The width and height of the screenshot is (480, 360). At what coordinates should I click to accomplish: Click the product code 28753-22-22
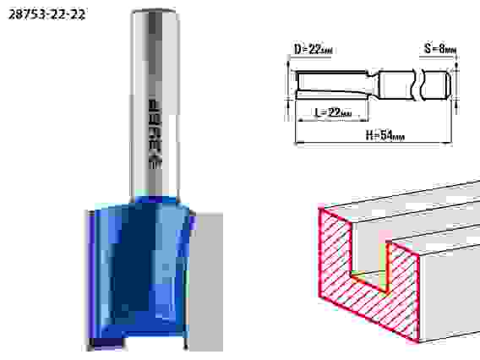tap(46, 14)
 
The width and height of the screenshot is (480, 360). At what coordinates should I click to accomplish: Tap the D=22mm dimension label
tap(314, 49)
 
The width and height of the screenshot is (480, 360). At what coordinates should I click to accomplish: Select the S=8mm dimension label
tap(440, 48)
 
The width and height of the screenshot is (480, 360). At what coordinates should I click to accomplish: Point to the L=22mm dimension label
tap(333, 112)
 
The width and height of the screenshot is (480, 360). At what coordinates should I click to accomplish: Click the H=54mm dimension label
tap(385, 134)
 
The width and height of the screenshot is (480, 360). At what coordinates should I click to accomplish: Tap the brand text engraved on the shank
tap(155, 134)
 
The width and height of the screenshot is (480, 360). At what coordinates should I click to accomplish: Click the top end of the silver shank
tap(154, 12)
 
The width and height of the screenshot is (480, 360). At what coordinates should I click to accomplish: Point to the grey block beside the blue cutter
tap(205, 281)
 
